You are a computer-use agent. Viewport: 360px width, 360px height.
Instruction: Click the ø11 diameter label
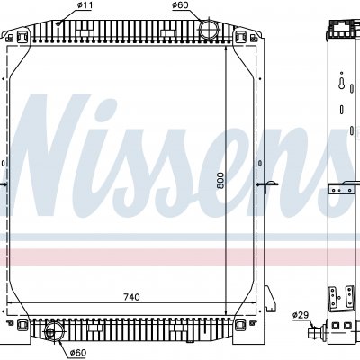(x=85, y=5)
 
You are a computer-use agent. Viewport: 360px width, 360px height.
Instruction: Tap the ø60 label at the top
(x=180, y=5)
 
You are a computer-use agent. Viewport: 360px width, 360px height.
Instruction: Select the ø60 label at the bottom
(x=78, y=353)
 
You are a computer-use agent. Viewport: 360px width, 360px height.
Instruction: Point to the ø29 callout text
(x=301, y=315)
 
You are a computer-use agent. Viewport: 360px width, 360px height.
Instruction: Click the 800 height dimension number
(x=220, y=180)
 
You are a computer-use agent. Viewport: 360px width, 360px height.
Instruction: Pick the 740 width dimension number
(x=131, y=297)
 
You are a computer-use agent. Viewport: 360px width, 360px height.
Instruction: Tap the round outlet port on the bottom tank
(x=53, y=331)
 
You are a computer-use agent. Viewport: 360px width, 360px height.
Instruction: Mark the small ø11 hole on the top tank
(x=59, y=23)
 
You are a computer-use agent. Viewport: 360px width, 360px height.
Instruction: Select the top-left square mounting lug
(x=22, y=36)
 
